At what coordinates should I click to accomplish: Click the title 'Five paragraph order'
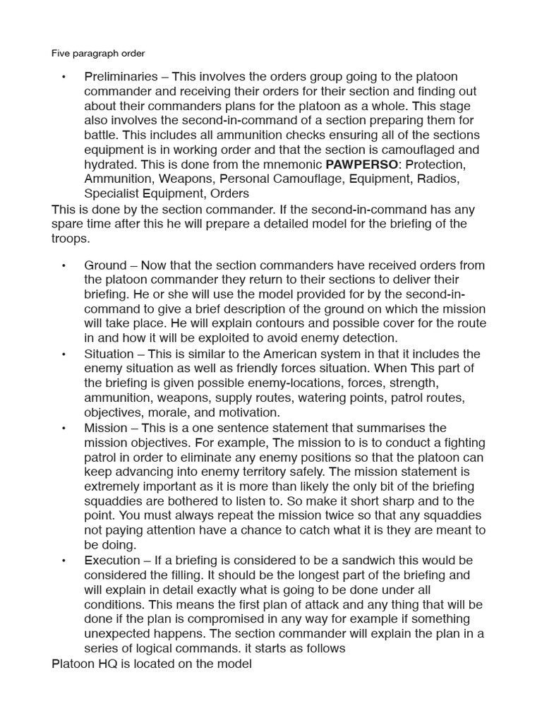pyautogui.click(x=98, y=53)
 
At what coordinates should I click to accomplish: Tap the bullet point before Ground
pyautogui.click(x=63, y=265)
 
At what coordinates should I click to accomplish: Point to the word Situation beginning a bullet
pyautogui.click(x=109, y=354)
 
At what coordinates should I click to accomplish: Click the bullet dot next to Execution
pyautogui.click(x=63, y=561)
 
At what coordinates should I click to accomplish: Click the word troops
pyautogui.click(x=71, y=239)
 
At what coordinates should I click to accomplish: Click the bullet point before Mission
pyautogui.click(x=63, y=428)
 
